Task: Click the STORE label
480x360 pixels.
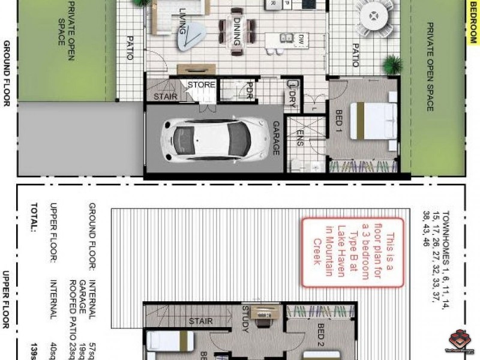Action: (201, 85)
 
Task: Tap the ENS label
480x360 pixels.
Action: (299, 137)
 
